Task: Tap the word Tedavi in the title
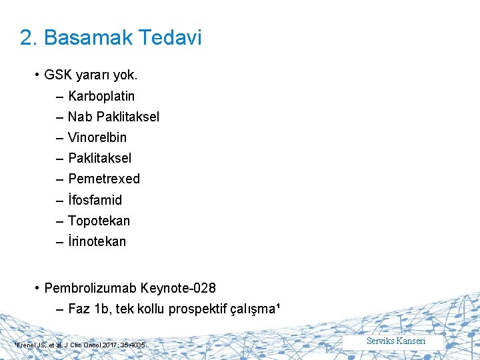tap(171, 38)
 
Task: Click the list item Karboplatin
tap(101, 96)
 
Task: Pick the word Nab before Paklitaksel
tap(80, 117)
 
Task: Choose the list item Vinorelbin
tap(97, 137)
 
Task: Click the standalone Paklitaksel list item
tap(100, 158)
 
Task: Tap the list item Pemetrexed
tap(104, 179)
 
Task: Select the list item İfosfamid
tap(95, 200)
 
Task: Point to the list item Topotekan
tap(99, 221)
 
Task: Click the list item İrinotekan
tap(97, 241)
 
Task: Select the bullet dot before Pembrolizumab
tap(37, 288)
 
